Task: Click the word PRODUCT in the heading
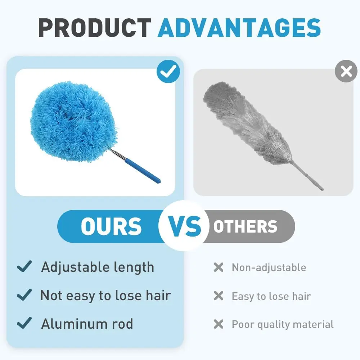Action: click(x=94, y=28)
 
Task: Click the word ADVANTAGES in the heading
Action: click(x=239, y=28)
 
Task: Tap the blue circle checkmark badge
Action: click(x=168, y=71)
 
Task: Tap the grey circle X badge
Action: click(x=346, y=71)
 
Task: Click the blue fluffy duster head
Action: click(x=74, y=122)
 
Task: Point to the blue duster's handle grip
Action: click(x=142, y=170)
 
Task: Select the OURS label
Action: click(x=111, y=226)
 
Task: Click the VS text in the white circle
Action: click(x=185, y=226)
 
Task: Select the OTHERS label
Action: click(x=246, y=226)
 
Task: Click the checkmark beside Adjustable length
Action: click(x=24, y=266)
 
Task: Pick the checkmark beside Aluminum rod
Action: click(x=24, y=323)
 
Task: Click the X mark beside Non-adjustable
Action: click(x=219, y=267)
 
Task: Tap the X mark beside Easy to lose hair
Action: click(x=219, y=296)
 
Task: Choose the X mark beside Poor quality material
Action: click(x=219, y=324)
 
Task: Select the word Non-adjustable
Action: click(x=269, y=268)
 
